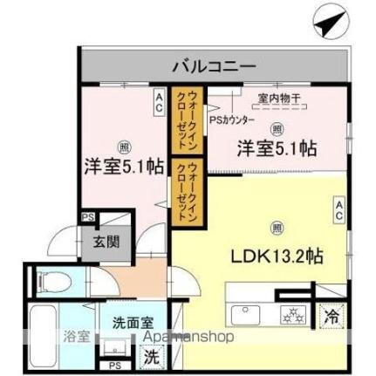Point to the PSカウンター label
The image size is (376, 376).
(231, 121)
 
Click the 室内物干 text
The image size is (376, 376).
(278, 98)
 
